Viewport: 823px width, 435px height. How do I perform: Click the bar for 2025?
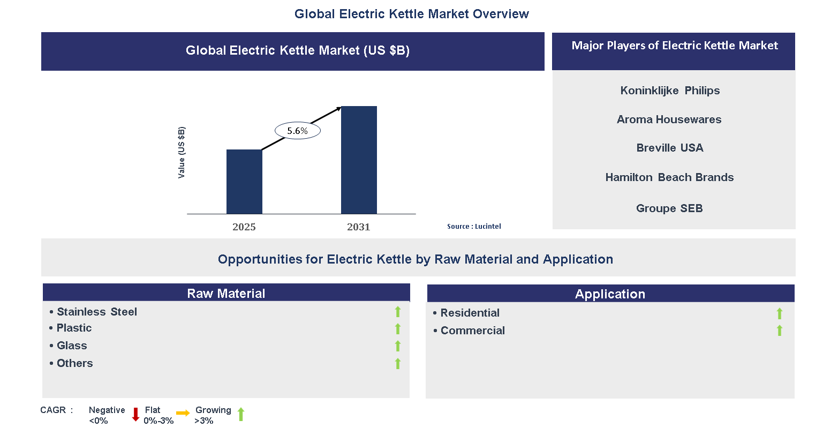pos(244,182)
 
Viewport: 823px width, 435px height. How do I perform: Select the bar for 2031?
pos(359,160)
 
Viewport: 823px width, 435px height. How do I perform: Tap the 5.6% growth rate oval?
pos(298,131)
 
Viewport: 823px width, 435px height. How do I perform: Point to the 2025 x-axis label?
pos(244,227)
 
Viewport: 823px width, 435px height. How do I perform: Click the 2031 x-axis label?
pos(359,227)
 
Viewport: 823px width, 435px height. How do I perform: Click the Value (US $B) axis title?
pos(182,153)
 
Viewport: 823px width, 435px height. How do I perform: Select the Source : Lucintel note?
pos(474,227)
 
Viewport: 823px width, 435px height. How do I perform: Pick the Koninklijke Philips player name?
pos(670,91)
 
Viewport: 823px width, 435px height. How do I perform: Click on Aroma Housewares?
pos(669,119)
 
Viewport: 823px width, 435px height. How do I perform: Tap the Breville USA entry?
pos(670,148)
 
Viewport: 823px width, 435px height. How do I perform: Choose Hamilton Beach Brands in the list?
pos(669,177)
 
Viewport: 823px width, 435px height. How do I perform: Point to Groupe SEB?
pos(669,208)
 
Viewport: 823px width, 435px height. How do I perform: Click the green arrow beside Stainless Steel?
pos(398,312)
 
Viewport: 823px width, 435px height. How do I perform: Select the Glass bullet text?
pos(72,346)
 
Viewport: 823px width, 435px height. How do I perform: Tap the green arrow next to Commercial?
pos(780,331)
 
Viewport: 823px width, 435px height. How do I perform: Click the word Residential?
pos(470,313)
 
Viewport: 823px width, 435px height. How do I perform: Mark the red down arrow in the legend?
pos(135,414)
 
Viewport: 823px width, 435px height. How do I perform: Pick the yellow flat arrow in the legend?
pos(183,413)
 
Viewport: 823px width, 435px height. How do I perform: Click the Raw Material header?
pos(226,293)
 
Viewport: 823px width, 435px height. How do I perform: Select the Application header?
pos(610,294)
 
